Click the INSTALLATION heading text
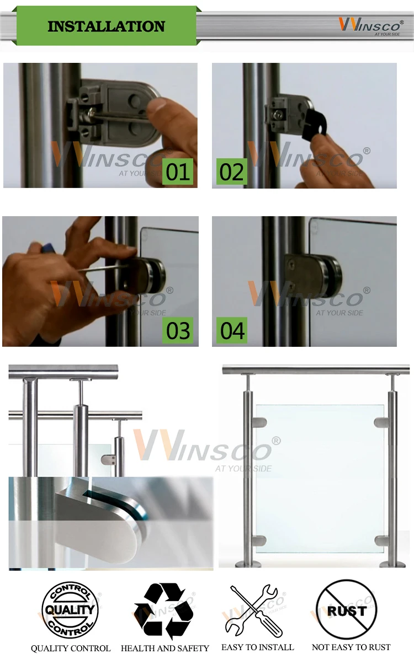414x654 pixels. click(x=107, y=26)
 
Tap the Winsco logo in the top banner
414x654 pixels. click(x=371, y=26)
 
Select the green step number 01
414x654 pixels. click(x=178, y=171)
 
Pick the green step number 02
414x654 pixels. click(x=232, y=171)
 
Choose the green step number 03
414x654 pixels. click(x=178, y=330)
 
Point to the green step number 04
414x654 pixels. click(x=232, y=330)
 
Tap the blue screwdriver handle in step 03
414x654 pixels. click(x=47, y=249)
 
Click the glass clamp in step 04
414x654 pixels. click(x=313, y=275)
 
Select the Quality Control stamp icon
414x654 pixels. click(x=70, y=610)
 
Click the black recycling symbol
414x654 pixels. click(x=164, y=610)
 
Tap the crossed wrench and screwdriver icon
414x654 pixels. click(x=254, y=610)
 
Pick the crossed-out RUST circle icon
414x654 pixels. click(x=347, y=609)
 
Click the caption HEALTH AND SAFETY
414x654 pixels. click(x=165, y=648)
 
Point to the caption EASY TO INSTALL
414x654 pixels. click(x=258, y=647)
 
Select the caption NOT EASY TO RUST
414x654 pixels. click(x=352, y=647)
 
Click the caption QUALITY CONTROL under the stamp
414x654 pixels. click(x=71, y=648)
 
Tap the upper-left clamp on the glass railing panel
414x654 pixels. click(x=259, y=422)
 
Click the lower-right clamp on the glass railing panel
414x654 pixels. click(x=381, y=541)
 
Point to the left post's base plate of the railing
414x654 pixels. click(x=248, y=564)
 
